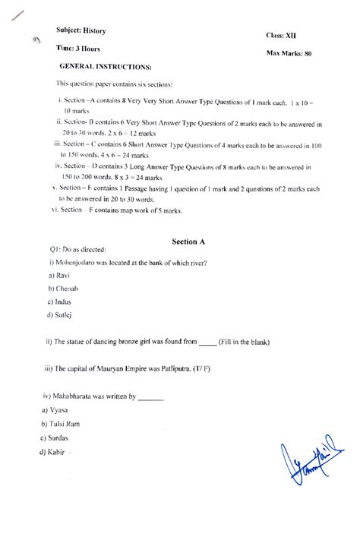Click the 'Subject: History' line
pos(81,30)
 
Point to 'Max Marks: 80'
pos(289,54)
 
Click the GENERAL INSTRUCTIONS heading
pos(105,67)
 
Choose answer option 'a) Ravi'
pos(58,275)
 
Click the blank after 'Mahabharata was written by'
pos(152,397)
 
